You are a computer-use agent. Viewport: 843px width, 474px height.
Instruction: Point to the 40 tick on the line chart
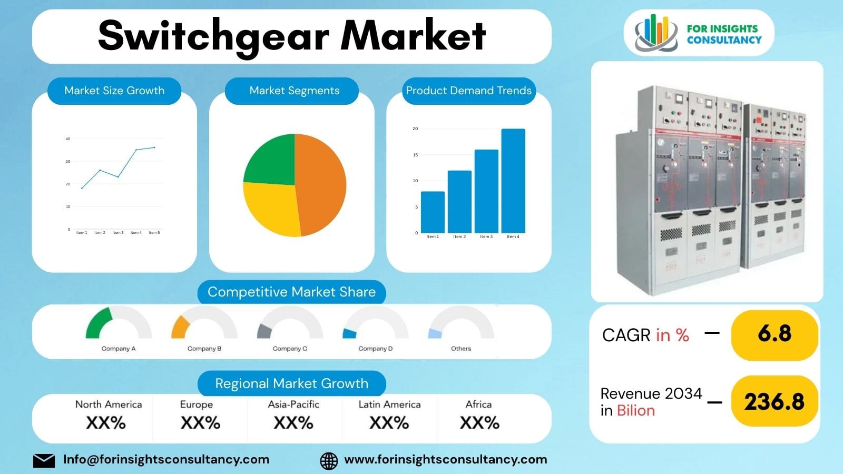pos(68,139)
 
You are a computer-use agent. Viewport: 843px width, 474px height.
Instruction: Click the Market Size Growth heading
pos(114,91)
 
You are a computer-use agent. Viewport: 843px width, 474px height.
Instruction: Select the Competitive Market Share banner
pos(291,292)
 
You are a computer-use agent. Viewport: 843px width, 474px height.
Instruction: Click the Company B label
pos(204,349)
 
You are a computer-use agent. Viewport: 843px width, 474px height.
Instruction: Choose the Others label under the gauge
pos(461,349)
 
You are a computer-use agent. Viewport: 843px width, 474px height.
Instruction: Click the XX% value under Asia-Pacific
pos(293,423)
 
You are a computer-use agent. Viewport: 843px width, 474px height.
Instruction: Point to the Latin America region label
pos(389,404)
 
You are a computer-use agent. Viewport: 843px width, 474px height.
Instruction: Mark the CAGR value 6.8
pos(775,334)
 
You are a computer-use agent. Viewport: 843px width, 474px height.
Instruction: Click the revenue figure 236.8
pos(775,402)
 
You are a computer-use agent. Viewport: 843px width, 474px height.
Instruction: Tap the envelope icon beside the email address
pos(44,461)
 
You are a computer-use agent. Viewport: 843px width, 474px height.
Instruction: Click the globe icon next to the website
pos(329,461)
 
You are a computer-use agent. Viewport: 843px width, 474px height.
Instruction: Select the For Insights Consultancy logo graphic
pos(656,33)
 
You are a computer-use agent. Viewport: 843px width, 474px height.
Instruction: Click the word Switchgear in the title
pos(213,36)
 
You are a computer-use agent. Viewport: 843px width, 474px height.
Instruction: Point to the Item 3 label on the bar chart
pos(486,237)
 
